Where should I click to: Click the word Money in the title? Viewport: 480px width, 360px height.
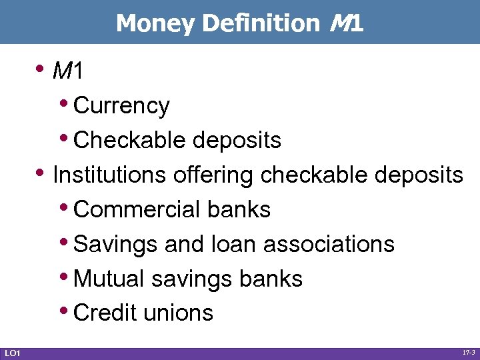(x=157, y=23)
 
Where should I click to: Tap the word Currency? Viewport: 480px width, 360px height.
(x=122, y=105)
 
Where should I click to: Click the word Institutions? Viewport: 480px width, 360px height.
(x=110, y=175)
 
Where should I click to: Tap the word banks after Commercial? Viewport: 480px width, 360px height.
(x=239, y=209)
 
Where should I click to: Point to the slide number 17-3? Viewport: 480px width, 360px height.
(x=469, y=352)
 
